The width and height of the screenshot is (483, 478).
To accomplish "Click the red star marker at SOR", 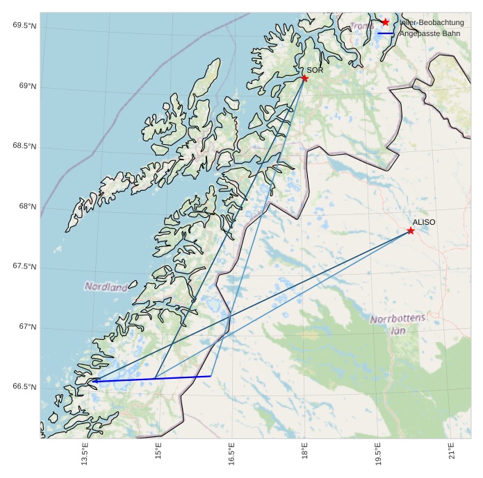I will tap(304, 78).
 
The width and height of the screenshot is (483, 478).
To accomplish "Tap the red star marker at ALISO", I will tap(411, 230).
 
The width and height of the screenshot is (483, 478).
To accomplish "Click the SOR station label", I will tap(315, 70).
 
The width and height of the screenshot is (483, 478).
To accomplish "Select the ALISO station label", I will tap(424, 222).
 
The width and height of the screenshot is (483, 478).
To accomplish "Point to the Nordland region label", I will tap(106, 286).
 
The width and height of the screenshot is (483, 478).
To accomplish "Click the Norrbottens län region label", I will tap(398, 325).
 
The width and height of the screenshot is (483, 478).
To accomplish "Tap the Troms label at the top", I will tap(362, 26).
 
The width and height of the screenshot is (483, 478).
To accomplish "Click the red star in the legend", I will tap(386, 22).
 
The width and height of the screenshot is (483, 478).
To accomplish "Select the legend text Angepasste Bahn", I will tap(429, 33).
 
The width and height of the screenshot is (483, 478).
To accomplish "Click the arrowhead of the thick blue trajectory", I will tap(94, 380).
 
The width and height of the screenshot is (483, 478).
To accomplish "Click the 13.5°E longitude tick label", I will tap(85, 454).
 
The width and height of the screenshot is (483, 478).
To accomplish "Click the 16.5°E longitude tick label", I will tap(231, 454).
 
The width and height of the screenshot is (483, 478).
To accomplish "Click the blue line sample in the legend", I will tap(386, 33).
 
